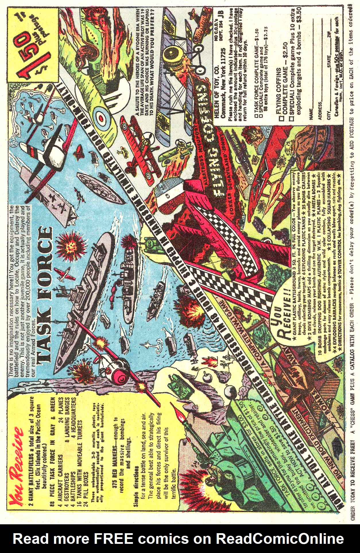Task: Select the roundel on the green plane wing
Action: (x=101, y=117)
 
